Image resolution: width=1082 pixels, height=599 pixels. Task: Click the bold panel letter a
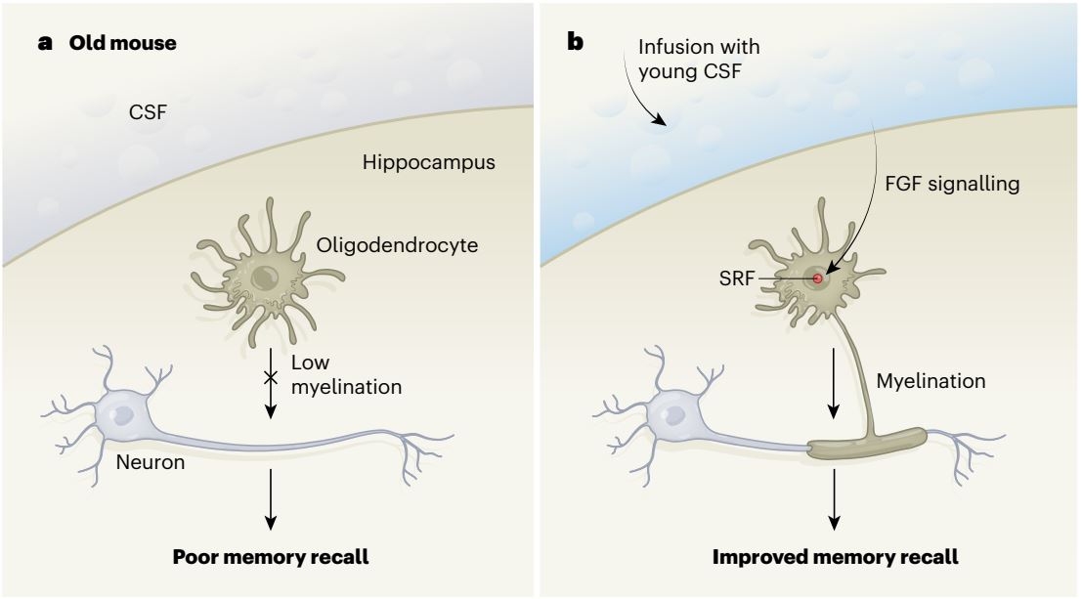point(46,43)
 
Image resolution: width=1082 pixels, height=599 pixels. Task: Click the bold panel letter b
point(576,42)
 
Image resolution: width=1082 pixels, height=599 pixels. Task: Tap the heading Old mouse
point(123,43)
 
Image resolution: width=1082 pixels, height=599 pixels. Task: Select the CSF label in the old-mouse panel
point(148,111)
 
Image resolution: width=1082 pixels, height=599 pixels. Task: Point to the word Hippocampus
point(428,163)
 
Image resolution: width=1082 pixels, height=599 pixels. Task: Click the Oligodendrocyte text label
point(397,245)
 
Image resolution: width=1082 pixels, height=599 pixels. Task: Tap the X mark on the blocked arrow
point(271,377)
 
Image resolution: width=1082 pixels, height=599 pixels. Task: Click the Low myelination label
point(346,374)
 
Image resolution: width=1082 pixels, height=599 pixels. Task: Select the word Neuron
point(151,461)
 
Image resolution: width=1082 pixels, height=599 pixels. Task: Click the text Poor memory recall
point(271,557)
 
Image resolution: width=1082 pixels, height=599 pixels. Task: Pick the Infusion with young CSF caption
point(698,58)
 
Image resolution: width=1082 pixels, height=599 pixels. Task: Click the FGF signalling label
point(952,184)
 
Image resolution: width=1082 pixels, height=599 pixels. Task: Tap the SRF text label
point(736,279)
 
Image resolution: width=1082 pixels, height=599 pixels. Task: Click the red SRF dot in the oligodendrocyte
point(818,278)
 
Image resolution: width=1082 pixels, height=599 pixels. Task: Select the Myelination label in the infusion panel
point(931,381)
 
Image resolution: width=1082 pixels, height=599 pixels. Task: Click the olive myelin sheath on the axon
point(867,444)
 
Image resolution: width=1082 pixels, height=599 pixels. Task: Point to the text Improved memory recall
point(835,557)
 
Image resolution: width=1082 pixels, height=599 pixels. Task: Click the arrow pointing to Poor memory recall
point(271,499)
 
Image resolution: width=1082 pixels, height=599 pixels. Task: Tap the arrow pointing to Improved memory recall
point(835,499)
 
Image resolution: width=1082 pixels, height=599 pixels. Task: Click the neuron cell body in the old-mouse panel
point(124,415)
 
